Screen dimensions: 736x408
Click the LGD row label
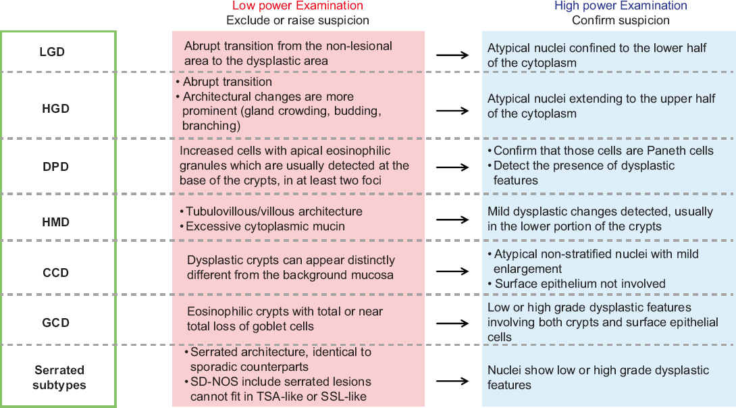point(51,51)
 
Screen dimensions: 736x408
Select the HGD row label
point(56,109)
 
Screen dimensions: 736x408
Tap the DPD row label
point(56,167)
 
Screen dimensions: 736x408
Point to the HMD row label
point(56,222)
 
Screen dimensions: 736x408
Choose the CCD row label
point(56,272)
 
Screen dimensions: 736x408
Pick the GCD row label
point(56,323)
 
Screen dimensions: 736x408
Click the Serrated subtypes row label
point(59,378)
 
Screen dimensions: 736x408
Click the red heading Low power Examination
point(298,5)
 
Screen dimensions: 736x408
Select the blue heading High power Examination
point(621,5)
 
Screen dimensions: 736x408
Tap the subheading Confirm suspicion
point(621,20)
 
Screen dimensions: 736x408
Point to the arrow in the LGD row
point(452,55)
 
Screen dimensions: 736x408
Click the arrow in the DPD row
point(452,167)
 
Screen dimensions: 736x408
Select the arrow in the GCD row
point(452,323)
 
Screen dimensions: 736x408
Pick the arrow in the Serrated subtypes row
point(452,381)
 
